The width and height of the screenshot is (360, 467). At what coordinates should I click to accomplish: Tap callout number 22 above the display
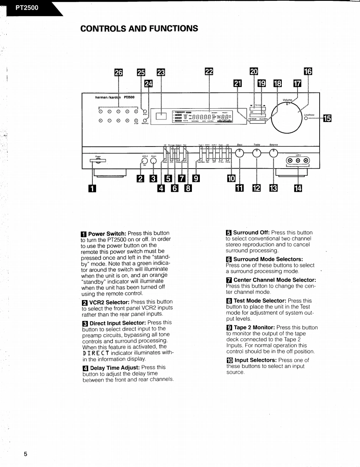(x=209, y=72)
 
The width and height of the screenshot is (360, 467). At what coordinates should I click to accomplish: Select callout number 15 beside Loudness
(x=327, y=119)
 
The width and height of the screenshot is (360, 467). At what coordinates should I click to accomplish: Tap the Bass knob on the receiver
(x=240, y=153)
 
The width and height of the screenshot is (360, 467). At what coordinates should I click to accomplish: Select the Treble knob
(x=257, y=153)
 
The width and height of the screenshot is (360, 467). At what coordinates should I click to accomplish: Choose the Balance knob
(x=273, y=153)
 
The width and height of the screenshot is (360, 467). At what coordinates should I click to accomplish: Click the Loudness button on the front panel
(x=306, y=119)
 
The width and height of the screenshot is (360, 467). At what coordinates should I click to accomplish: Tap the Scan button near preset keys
(x=145, y=111)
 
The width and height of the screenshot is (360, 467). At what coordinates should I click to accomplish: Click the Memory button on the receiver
(x=145, y=121)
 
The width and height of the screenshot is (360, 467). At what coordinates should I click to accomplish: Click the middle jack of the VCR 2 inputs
(x=298, y=161)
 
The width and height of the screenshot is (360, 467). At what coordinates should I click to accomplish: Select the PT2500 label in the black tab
(x=27, y=7)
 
